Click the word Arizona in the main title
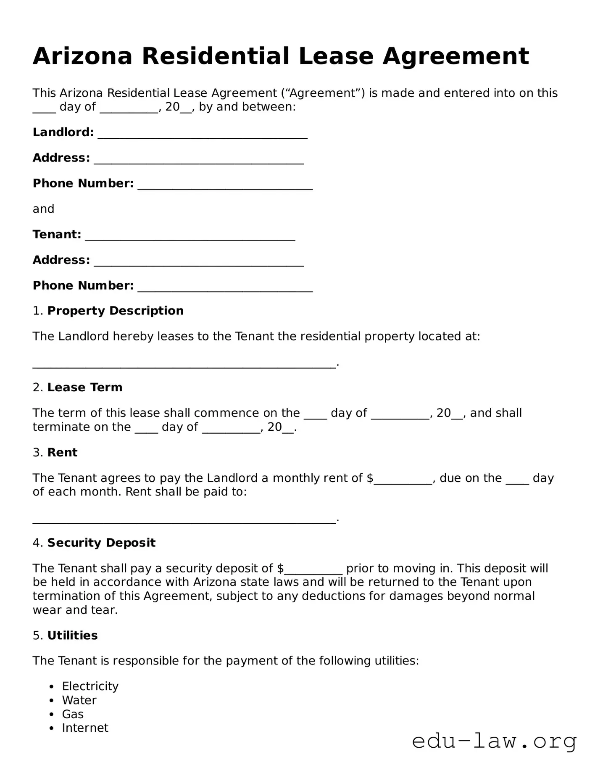(x=82, y=56)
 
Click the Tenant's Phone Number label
(x=83, y=285)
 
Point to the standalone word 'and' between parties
(x=43, y=209)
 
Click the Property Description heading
(x=115, y=311)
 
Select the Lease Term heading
(x=84, y=387)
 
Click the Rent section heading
(x=62, y=452)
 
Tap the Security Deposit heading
(x=101, y=543)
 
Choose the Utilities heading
(x=72, y=635)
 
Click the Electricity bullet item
(x=90, y=686)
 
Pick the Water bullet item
(x=79, y=700)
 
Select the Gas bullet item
(x=73, y=714)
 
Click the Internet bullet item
(x=85, y=728)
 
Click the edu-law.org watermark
(x=494, y=741)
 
